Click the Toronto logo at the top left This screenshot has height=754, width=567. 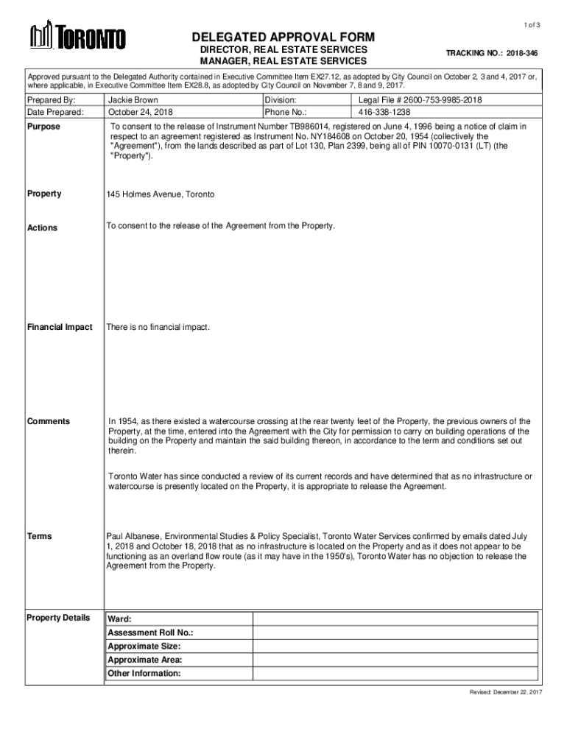pyautogui.click(x=77, y=38)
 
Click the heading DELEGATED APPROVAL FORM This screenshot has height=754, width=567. pyautogui.click(x=283, y=38)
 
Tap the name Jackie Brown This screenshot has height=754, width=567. pyautogui.click(x=133, y=99)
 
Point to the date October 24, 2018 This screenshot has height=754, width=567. pyautogui.click(x=141, y=113)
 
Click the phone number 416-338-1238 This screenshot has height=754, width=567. pyautogui.click(x=384, y=113)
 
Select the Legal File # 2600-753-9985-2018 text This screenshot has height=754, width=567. pyautogui.click(x=420, y=99)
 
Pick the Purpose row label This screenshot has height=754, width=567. pyautogui.click(x=43, y=127)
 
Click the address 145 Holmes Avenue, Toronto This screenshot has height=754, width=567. pyautogui.click(x=161, y=194)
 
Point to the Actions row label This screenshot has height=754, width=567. pyautogui.click(x=43, y=228)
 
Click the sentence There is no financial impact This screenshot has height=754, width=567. pyautogui.click(x=158, y=327)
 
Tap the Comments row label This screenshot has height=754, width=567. pyautogui.click(x=49, y=421)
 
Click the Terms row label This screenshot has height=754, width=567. pyautogui.click(x=40, y=536)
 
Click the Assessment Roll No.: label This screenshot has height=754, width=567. pyautogui.click(x=150, y=633)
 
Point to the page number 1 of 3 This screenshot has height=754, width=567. pyautogui.click(x=532, y=26)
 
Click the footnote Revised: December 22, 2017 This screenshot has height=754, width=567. pyautogui.click(x=506, y=694)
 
